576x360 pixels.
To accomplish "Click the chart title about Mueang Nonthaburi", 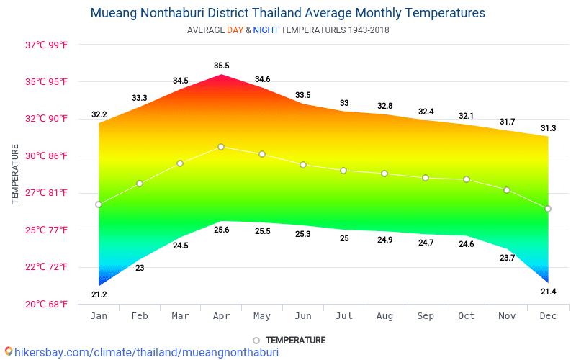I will (x=288, y=13).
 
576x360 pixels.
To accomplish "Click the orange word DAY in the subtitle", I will (x=235, y=30).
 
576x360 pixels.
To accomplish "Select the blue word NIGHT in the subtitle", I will (x=266, y=30).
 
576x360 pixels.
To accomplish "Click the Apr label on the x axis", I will (x=221, y=316).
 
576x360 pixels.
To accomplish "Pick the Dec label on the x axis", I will (x=548, y=316).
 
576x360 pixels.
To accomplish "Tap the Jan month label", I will (x=99, y=316).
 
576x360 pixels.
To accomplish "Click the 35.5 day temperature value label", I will (x=221, y=66).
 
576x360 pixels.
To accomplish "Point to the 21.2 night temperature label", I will (x=99, y=294).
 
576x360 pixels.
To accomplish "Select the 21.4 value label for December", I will (x=548, y=292).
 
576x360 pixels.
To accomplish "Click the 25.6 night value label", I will (x=221, y=230).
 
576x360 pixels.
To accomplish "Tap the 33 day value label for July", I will (x=344, y=103).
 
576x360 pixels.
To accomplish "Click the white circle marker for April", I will (x=221, y=147).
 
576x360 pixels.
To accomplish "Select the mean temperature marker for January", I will (x=99, y=204).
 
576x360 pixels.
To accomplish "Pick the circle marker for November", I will (x=507, y=190).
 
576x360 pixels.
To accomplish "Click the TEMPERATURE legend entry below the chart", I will (x=289, y=340).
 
